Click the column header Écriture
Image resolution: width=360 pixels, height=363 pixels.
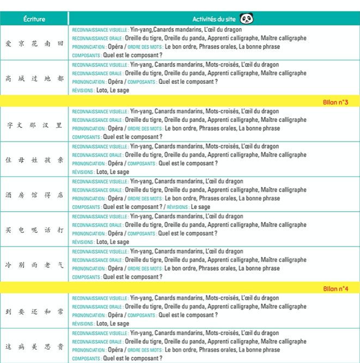pos(34,19)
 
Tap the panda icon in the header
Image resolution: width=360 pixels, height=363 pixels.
pos(247,19)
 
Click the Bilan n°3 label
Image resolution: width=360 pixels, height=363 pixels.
pos(335,102)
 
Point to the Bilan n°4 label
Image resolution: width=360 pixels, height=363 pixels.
pos(335,288)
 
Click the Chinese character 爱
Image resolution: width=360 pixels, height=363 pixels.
pos(8,43)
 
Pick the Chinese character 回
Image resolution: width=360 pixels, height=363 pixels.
pos(60,43)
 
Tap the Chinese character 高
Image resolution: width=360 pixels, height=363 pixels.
pos(8,78)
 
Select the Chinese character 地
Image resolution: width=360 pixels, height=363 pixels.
pos(47,78)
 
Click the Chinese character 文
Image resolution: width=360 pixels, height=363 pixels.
pos(21,125)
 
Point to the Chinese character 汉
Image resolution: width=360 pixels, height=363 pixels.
pos(47,125)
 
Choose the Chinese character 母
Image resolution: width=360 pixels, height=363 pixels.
pos(21,160)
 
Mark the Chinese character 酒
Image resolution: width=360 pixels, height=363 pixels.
pos(8,195)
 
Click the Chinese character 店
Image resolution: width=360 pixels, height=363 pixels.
pos(60,195)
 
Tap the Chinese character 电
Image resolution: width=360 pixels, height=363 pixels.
pos(21,230)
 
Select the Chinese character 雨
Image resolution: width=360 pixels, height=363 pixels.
pos(34,265)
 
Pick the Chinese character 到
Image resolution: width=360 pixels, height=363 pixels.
pos(8,312)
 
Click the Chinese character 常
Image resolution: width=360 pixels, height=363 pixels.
pos(60,312)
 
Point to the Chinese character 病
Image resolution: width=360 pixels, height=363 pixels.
pos(21,347)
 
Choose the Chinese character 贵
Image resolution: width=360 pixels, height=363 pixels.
pos(60,347)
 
